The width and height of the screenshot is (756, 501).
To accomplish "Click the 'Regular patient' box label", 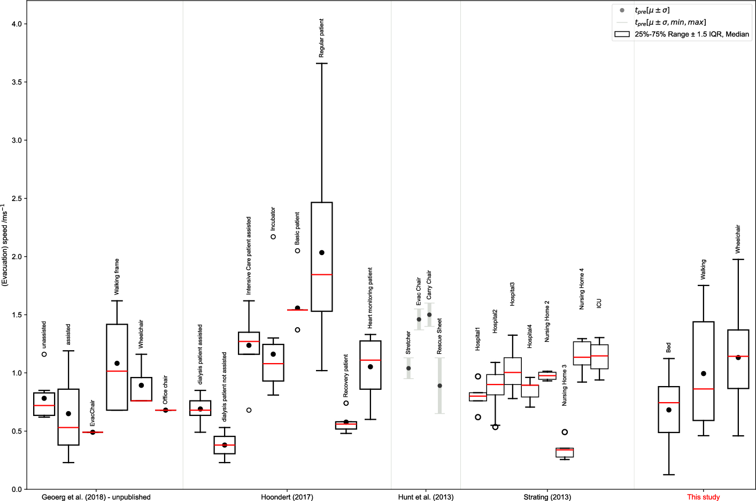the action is tap(321, 38).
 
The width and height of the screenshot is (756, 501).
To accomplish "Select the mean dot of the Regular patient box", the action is tap(322, 252).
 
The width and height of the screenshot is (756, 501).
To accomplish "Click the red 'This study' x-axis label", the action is tap(704, 497).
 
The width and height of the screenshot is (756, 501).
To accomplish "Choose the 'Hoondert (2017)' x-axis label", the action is tap(287, 497).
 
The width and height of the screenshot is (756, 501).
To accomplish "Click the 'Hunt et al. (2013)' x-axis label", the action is tap(426, 497).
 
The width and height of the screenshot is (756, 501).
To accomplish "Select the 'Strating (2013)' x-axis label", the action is tap(547, 497).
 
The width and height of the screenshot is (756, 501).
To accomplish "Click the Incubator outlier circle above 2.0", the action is tap(273, 237).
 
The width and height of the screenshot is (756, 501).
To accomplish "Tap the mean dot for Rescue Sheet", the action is tap(440, 386).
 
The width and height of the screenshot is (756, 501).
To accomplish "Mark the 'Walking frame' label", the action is tap(117, 277).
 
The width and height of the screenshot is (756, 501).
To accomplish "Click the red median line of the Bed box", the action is tap(669, 403).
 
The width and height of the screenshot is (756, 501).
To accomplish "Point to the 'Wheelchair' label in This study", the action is tap(738, 239).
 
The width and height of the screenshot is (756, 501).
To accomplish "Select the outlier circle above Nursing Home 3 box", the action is tap(565, 432).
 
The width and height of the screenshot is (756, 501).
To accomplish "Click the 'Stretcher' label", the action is tap(408, 343).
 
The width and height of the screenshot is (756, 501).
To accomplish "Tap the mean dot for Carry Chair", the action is tap(429, 314).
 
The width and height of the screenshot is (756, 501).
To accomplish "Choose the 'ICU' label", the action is tap(599, 303).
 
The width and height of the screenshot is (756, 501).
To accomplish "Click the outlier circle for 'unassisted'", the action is tap(44, 354).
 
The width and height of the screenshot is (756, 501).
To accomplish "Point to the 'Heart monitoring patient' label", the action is tap(370, 298).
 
